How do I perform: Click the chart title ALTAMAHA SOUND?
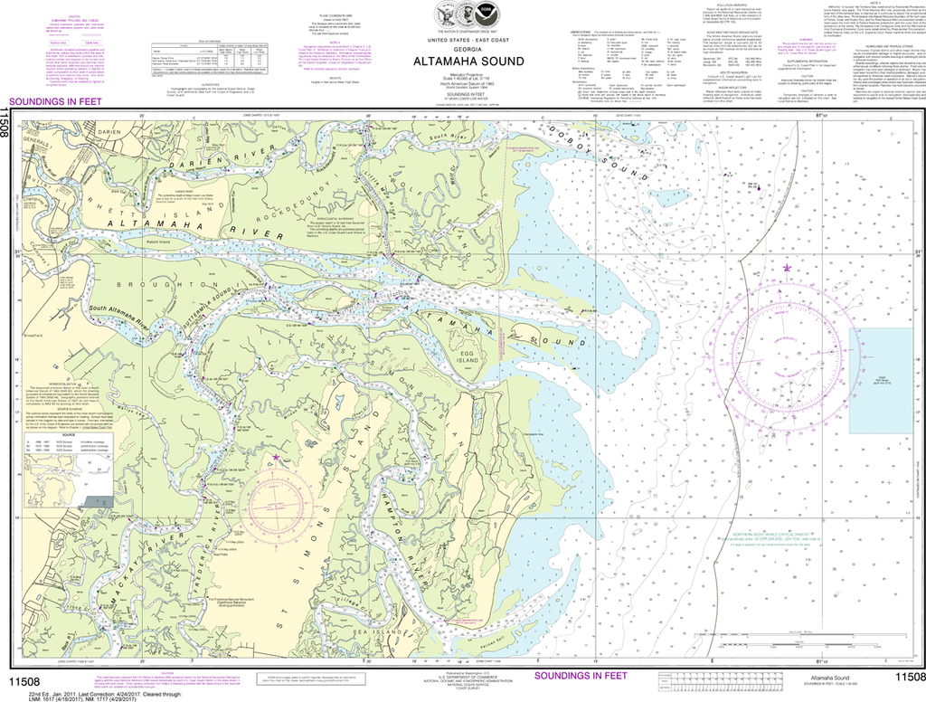(462, 62)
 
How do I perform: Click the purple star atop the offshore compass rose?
(786, 269)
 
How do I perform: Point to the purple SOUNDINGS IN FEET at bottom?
(580, 675)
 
